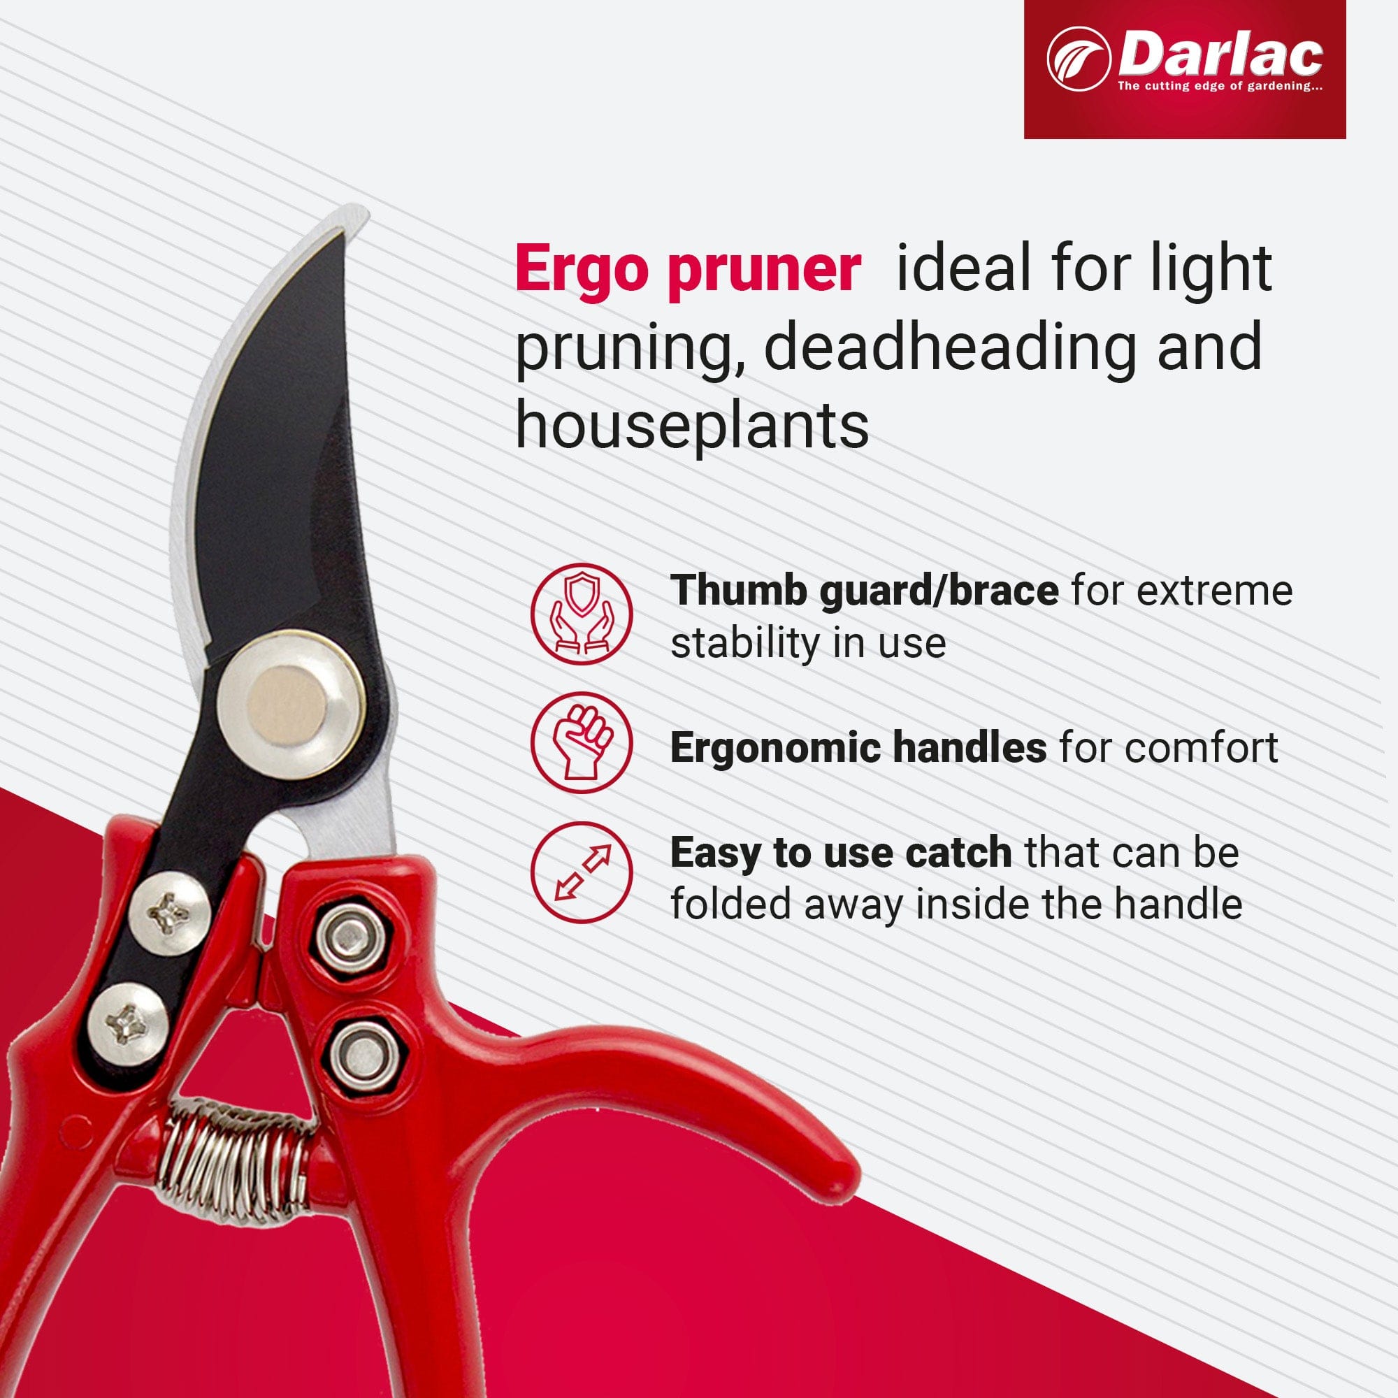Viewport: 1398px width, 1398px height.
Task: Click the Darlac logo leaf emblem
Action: coord(1078,59)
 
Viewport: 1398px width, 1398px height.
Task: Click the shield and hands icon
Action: coord(581,614)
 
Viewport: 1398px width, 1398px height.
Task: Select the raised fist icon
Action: coord(581,743)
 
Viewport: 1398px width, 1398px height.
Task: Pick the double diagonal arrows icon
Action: coord(581,872)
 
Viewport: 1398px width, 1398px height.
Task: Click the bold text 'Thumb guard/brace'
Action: coord(864,591)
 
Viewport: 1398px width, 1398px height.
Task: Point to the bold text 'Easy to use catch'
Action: coord(840,852)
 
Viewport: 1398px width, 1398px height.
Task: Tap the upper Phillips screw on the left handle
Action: coord(170,912)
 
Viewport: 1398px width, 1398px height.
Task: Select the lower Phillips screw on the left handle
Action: coord(129,1024)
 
